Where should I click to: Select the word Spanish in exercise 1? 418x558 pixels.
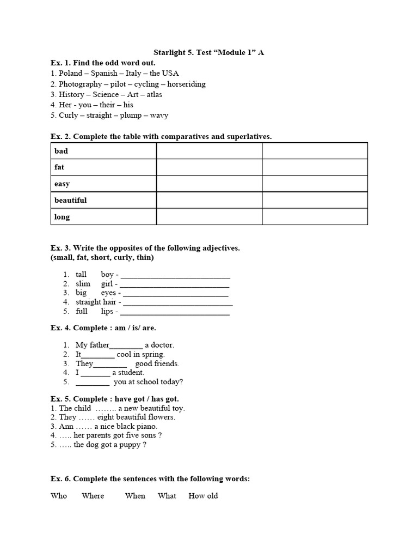coord(103,74)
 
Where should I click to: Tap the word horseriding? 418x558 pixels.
coord(186,84)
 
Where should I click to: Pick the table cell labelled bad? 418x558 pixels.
coord(103,151)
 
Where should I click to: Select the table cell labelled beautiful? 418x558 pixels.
coord(103,200)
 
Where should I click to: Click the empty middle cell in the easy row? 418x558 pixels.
coord(209,184)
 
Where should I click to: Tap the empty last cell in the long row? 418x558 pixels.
coord(315,216)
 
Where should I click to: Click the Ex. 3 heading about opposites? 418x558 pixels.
coord(145,248)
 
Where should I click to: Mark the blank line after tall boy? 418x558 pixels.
coord(175,275)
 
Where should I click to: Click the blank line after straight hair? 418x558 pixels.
coord(178,302)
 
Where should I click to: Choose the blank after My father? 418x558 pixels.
coord(126,346)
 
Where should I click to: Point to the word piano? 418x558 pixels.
coord(145,426)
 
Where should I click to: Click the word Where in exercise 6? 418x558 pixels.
coord(93,496)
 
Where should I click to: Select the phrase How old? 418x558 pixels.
coord(203,496)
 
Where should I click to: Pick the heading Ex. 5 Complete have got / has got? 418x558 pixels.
coord(115,399)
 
